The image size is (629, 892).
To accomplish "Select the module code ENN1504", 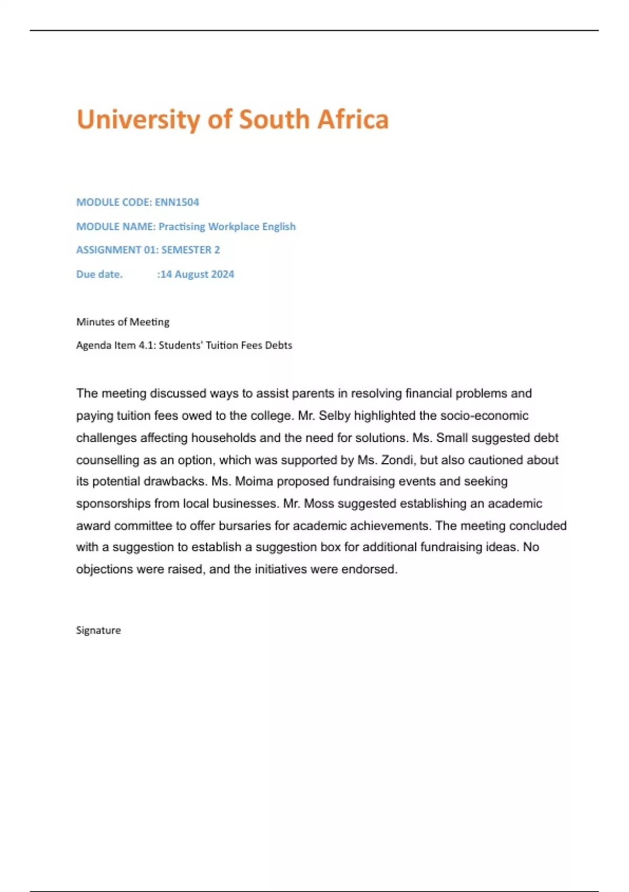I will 177,202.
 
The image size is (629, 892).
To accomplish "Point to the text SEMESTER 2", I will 190,250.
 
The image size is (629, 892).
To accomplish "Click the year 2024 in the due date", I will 222,274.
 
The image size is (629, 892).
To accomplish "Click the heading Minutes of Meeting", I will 123,322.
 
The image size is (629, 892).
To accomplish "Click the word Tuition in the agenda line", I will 221,345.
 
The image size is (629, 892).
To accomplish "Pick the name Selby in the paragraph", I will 334,416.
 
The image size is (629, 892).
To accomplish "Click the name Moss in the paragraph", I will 319,504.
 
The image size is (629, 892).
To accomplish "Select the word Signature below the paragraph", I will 99,630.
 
